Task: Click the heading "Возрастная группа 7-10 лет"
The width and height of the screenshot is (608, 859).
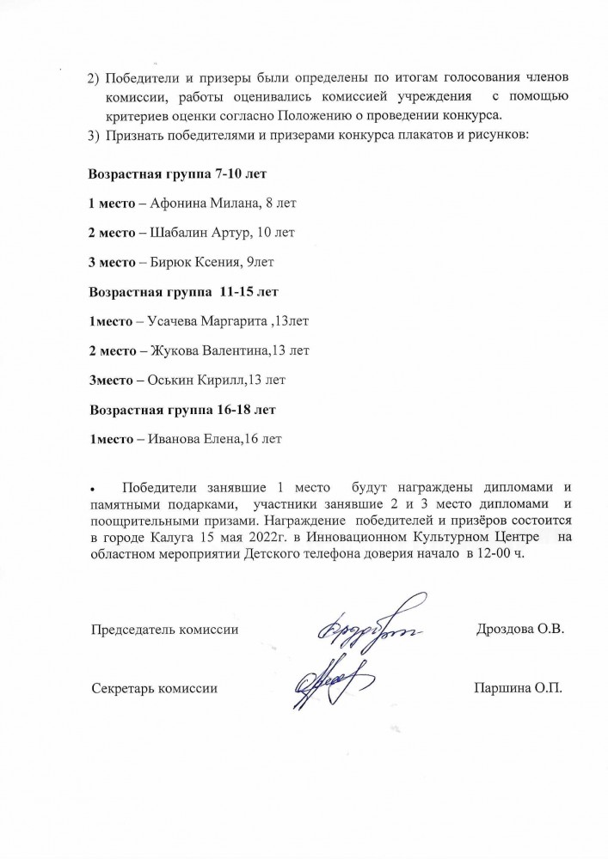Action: coord(178,174)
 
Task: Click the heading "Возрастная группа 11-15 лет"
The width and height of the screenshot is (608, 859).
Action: coord(184,290)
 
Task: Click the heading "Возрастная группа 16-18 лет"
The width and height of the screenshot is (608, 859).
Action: coord(182,409)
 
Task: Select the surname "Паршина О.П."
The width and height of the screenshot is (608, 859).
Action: coord(517,688)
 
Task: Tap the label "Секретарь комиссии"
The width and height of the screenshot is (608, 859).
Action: coord(154,688)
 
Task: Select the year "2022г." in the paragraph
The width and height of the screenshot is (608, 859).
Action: coord(263,538)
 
